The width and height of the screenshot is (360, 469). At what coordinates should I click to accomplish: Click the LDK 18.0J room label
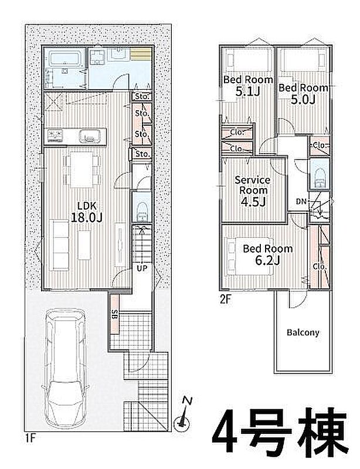tap(87, 212)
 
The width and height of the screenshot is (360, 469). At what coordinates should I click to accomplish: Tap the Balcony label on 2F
tap(303, 332)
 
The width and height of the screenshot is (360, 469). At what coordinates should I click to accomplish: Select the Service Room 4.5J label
tap(253, 191)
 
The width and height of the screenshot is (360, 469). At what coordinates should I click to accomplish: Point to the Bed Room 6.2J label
tap(267, 254)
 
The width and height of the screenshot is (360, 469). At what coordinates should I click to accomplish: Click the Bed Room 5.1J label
tap(248, 86)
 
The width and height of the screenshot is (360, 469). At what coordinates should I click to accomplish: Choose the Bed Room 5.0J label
tap(303, 93)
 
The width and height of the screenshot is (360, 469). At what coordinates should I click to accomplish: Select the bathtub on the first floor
tap(66, 58)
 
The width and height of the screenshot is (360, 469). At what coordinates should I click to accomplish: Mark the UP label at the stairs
tap(142, 269)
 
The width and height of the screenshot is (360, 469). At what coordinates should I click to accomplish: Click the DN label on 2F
tap(301, 202)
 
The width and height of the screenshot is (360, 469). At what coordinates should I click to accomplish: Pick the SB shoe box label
tap(114, 315)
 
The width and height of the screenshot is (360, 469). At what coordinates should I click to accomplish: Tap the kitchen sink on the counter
tap(89, 136)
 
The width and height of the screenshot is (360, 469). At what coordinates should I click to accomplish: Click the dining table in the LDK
tap(81, 170)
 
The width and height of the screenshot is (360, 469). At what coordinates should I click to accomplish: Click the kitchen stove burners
tap(54, 135)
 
